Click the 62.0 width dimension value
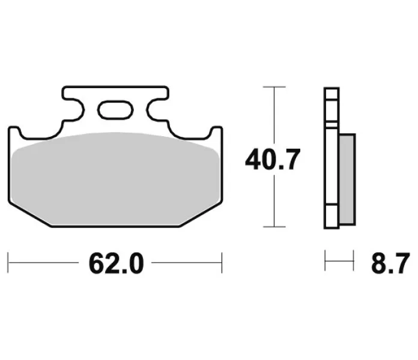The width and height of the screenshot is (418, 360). (117, 263)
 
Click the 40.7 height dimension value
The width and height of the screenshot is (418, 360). (273, 160)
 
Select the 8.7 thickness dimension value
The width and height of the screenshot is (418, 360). (390, 263)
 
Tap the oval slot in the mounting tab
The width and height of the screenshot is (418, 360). (115, 109)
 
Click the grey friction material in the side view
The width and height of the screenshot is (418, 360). (347, 179)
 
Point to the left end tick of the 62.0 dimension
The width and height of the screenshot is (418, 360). (8, 263)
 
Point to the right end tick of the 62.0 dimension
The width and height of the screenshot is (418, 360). (222, 263)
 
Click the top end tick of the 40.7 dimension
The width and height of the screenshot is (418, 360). (274, 87)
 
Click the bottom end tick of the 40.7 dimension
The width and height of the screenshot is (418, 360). (274, 227)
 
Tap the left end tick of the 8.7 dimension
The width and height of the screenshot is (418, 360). (325, 260)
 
